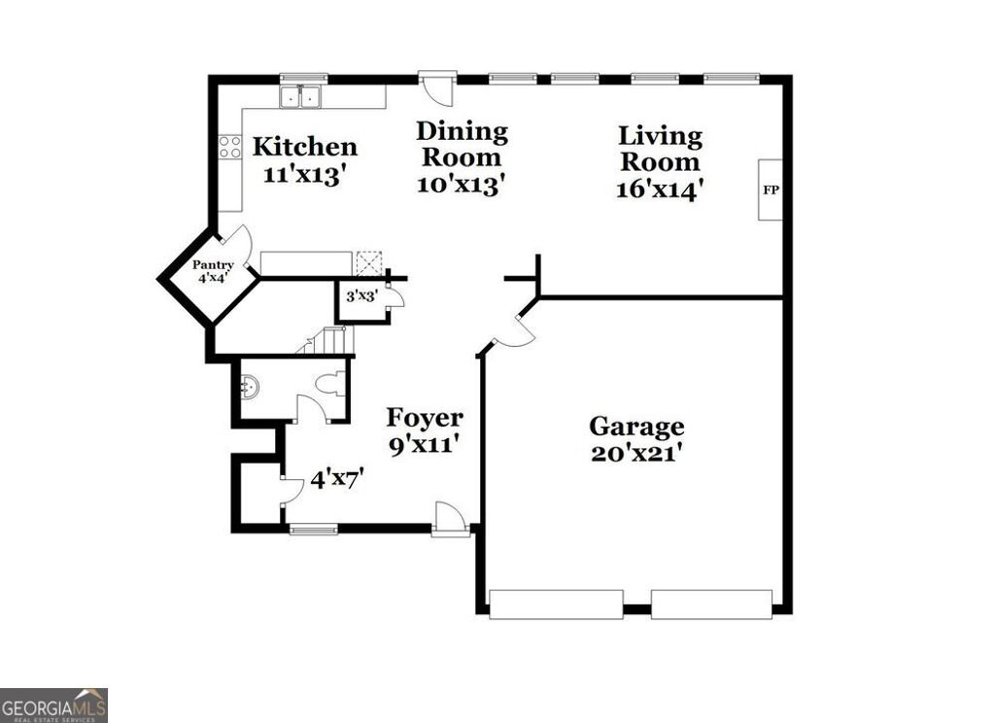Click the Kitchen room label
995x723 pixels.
(x=305, y=148)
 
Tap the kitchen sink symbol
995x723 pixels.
(x=301, y=97)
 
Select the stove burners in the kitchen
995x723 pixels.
(x=230, y=147)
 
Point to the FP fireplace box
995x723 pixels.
(x=771, y=189)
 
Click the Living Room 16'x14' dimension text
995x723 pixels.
(x=660, y=189)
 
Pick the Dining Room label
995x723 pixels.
(x=462, y=144)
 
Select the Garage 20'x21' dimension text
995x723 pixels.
(x=636, y=453)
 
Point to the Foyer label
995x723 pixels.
(x=425, y=418)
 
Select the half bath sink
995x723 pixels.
(x=250, y=386)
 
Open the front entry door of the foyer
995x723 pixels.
(x=450, y=518)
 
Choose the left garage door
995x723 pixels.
(x=556, y=603)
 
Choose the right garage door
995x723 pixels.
(x=711, y=603)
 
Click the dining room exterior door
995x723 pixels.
(x=437, y=88)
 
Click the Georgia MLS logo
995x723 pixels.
(x=53, y=705)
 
